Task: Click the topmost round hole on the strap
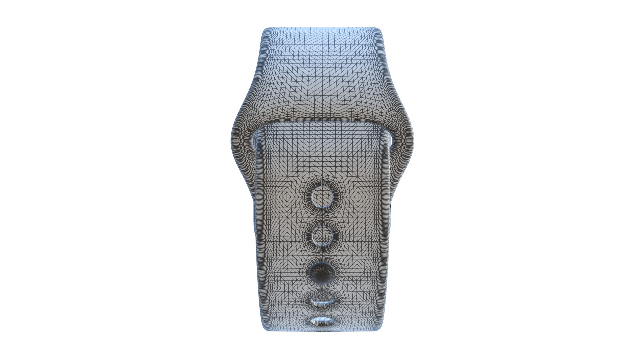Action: (x=322, y=195)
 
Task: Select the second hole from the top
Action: (x=322, y=235)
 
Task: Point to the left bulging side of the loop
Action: (x=237, y=140)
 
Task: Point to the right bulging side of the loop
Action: (x=407, y=140)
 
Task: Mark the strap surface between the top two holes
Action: (x=322, y=216)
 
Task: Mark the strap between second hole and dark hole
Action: (x=322, y=254)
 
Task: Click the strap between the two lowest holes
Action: (x=322, y=312)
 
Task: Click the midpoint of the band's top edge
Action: (x=322, y=28)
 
